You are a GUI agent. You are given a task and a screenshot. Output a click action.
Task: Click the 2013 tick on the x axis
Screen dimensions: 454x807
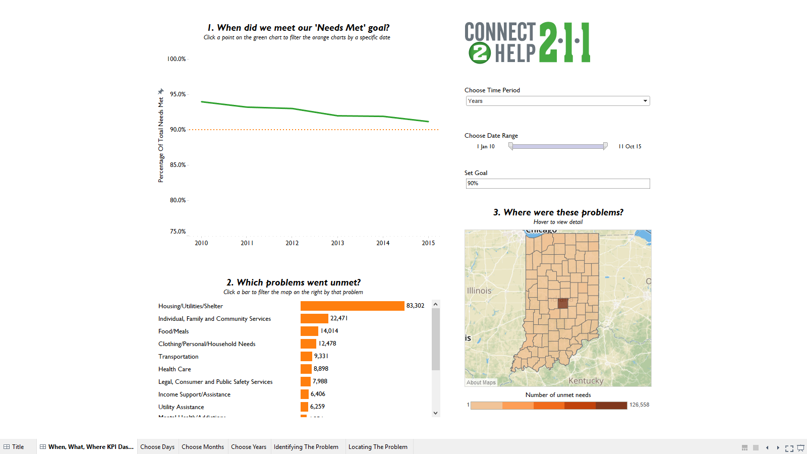pos(337,243)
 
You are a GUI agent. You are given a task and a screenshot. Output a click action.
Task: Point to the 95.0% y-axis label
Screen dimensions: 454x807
pos(178,94)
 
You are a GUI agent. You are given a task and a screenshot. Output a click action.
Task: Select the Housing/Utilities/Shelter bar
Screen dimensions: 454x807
pos(352,306)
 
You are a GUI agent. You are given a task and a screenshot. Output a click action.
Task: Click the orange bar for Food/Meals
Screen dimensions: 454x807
pos(309,331)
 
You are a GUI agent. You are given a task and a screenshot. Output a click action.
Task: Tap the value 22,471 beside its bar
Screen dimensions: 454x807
pos(339,318)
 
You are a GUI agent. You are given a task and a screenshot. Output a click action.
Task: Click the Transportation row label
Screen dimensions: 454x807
pos(179,357)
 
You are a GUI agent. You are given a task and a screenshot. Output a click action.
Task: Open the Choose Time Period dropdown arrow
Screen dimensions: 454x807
pos(645,101)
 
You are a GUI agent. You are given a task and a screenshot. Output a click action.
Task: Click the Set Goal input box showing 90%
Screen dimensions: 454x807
pos(557,184)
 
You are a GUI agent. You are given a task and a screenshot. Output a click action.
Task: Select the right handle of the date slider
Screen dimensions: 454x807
pos(605,146)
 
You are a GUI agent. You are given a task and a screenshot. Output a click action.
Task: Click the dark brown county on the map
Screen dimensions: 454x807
pos(563,303)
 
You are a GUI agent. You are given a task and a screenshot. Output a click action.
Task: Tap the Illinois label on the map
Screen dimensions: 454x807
pos(479,291)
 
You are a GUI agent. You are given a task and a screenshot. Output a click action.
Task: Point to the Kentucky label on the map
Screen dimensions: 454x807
pos(586,381)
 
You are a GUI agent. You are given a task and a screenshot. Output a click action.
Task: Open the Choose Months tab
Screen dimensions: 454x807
pos(203,447)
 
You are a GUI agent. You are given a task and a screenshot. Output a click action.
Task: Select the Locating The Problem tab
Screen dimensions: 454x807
pos(378,447)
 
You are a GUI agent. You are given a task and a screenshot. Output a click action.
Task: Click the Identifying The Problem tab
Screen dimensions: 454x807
pos(306,447)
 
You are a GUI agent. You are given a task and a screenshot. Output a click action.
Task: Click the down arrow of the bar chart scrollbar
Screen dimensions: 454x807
pos(436,413)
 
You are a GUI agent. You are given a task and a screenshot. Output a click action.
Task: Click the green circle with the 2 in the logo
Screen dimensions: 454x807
pos(479,53)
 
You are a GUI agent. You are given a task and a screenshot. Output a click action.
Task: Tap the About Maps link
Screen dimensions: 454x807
pos(481,382)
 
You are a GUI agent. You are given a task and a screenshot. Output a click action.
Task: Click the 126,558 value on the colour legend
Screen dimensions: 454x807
pos(639,405)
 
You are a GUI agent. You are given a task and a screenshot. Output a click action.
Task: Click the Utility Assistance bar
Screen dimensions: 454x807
pos(304,407)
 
